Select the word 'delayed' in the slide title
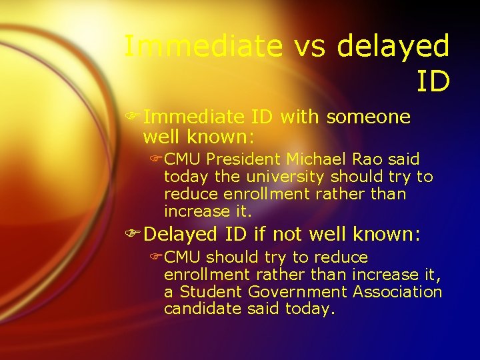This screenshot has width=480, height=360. pos(393,46)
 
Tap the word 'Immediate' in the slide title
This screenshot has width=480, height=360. pos(204,46)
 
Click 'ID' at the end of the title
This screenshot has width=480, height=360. pos(433,81)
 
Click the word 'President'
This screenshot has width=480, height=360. pos(244,160)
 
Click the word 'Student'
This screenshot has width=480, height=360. pos(211,292)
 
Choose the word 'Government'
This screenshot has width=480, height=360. pos(297,292)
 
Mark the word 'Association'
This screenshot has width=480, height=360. pos(397,292)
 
